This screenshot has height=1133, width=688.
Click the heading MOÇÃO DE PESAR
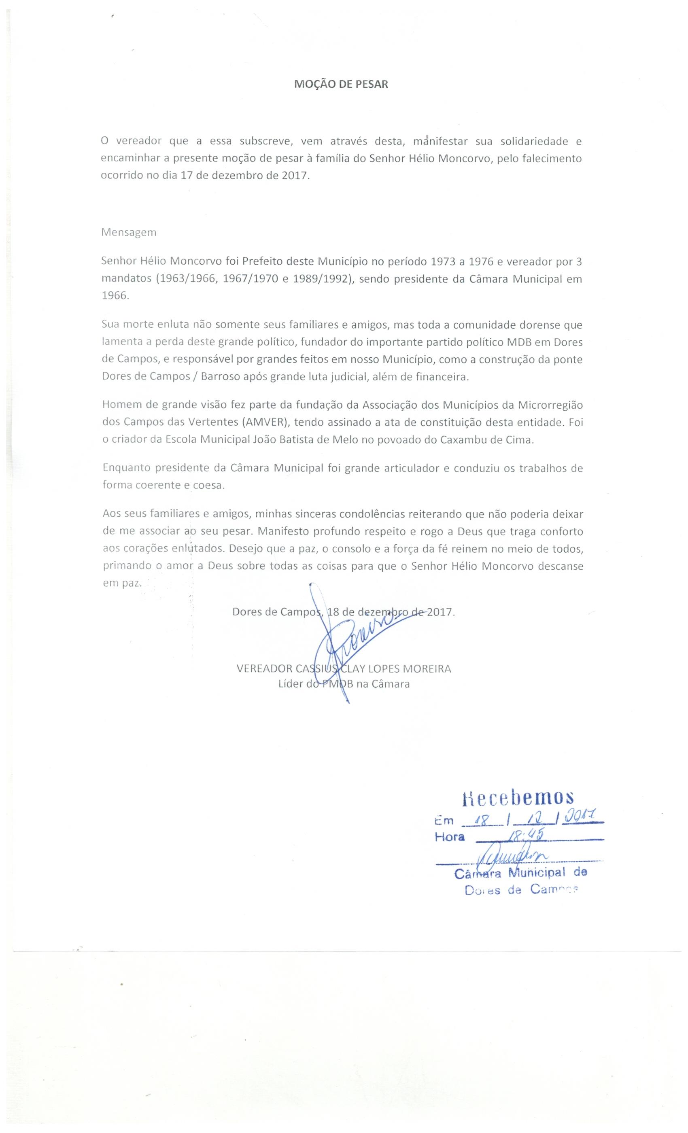click(341, 85)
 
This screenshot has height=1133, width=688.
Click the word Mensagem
click(129, 232)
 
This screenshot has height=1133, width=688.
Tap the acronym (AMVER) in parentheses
click(264, 422)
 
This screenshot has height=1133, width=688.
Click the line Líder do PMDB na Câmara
click(344, 684)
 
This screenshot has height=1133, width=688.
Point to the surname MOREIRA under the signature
click(428, 668)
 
